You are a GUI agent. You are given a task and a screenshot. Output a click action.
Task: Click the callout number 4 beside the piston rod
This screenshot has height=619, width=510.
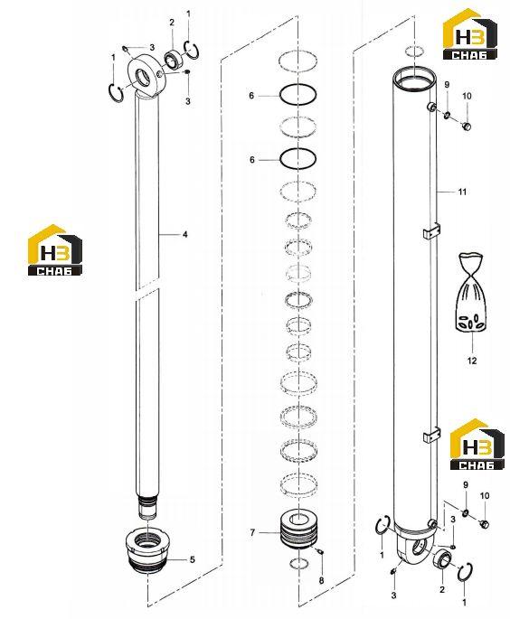[x=184, y=234]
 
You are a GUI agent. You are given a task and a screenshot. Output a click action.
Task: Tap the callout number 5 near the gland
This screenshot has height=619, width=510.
[x=193, y=559]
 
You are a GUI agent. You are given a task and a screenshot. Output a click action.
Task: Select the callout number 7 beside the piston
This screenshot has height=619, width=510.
[x=252, y=532]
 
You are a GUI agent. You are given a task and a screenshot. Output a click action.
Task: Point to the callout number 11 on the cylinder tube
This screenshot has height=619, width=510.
[x=462, y=192]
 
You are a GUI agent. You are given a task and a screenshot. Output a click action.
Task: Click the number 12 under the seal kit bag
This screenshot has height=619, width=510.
[x=472, y=361]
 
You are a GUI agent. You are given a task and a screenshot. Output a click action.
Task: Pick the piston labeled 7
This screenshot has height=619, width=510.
[x=298, y=529]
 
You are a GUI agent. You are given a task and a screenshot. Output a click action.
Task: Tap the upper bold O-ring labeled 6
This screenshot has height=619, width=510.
[x=297, y=95]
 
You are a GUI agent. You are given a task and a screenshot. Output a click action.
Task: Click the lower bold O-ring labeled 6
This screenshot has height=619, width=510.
[x=297, y=159]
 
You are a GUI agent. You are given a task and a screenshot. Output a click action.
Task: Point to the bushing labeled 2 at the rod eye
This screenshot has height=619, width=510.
[x=172, y=59]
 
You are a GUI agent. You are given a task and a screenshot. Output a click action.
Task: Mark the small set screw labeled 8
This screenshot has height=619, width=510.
[x=320, y=551]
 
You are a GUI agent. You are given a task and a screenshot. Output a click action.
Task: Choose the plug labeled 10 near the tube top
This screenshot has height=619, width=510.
[x=467, y=127]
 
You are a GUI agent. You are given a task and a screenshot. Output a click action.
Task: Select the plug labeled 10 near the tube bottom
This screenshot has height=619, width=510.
[x=484, y=524]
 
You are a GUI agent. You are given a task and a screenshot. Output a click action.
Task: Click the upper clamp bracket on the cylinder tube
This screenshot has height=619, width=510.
[x=431, y=231]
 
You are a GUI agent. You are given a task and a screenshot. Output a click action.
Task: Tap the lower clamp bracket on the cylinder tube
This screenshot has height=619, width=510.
[x=431, y=435]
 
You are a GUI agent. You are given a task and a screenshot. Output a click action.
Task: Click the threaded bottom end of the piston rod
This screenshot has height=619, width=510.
[x=147, y=506]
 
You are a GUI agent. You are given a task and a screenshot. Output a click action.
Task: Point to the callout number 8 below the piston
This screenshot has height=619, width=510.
[x=321, y=580]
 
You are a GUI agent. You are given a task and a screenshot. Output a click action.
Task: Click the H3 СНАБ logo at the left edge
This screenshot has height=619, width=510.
[x=55, y=250]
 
